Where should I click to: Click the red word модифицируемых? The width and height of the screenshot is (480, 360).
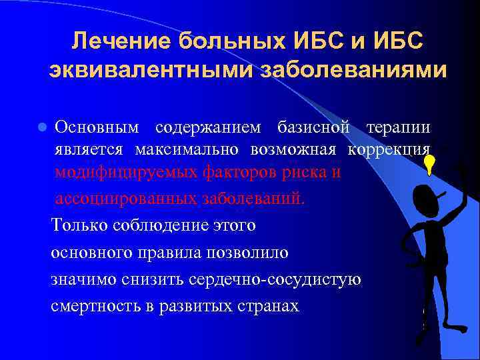[x=125, y=171]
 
